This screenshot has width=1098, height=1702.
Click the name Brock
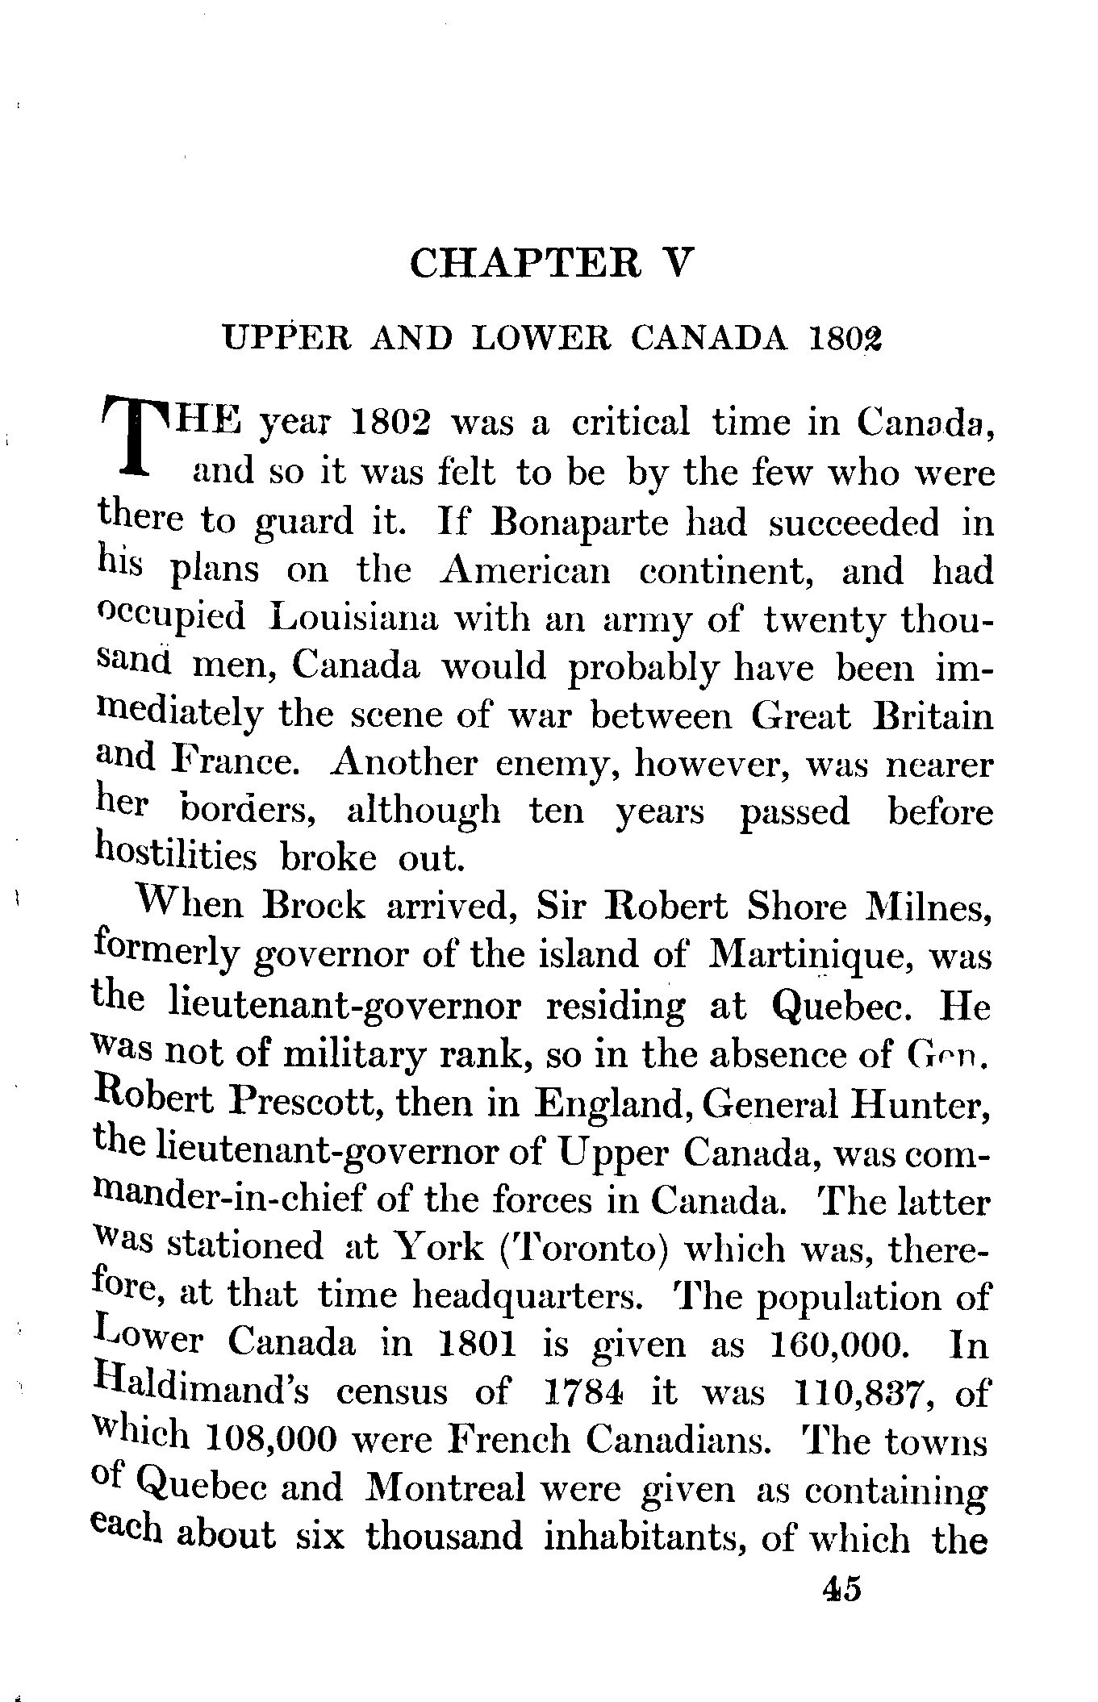tap(315, 907)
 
